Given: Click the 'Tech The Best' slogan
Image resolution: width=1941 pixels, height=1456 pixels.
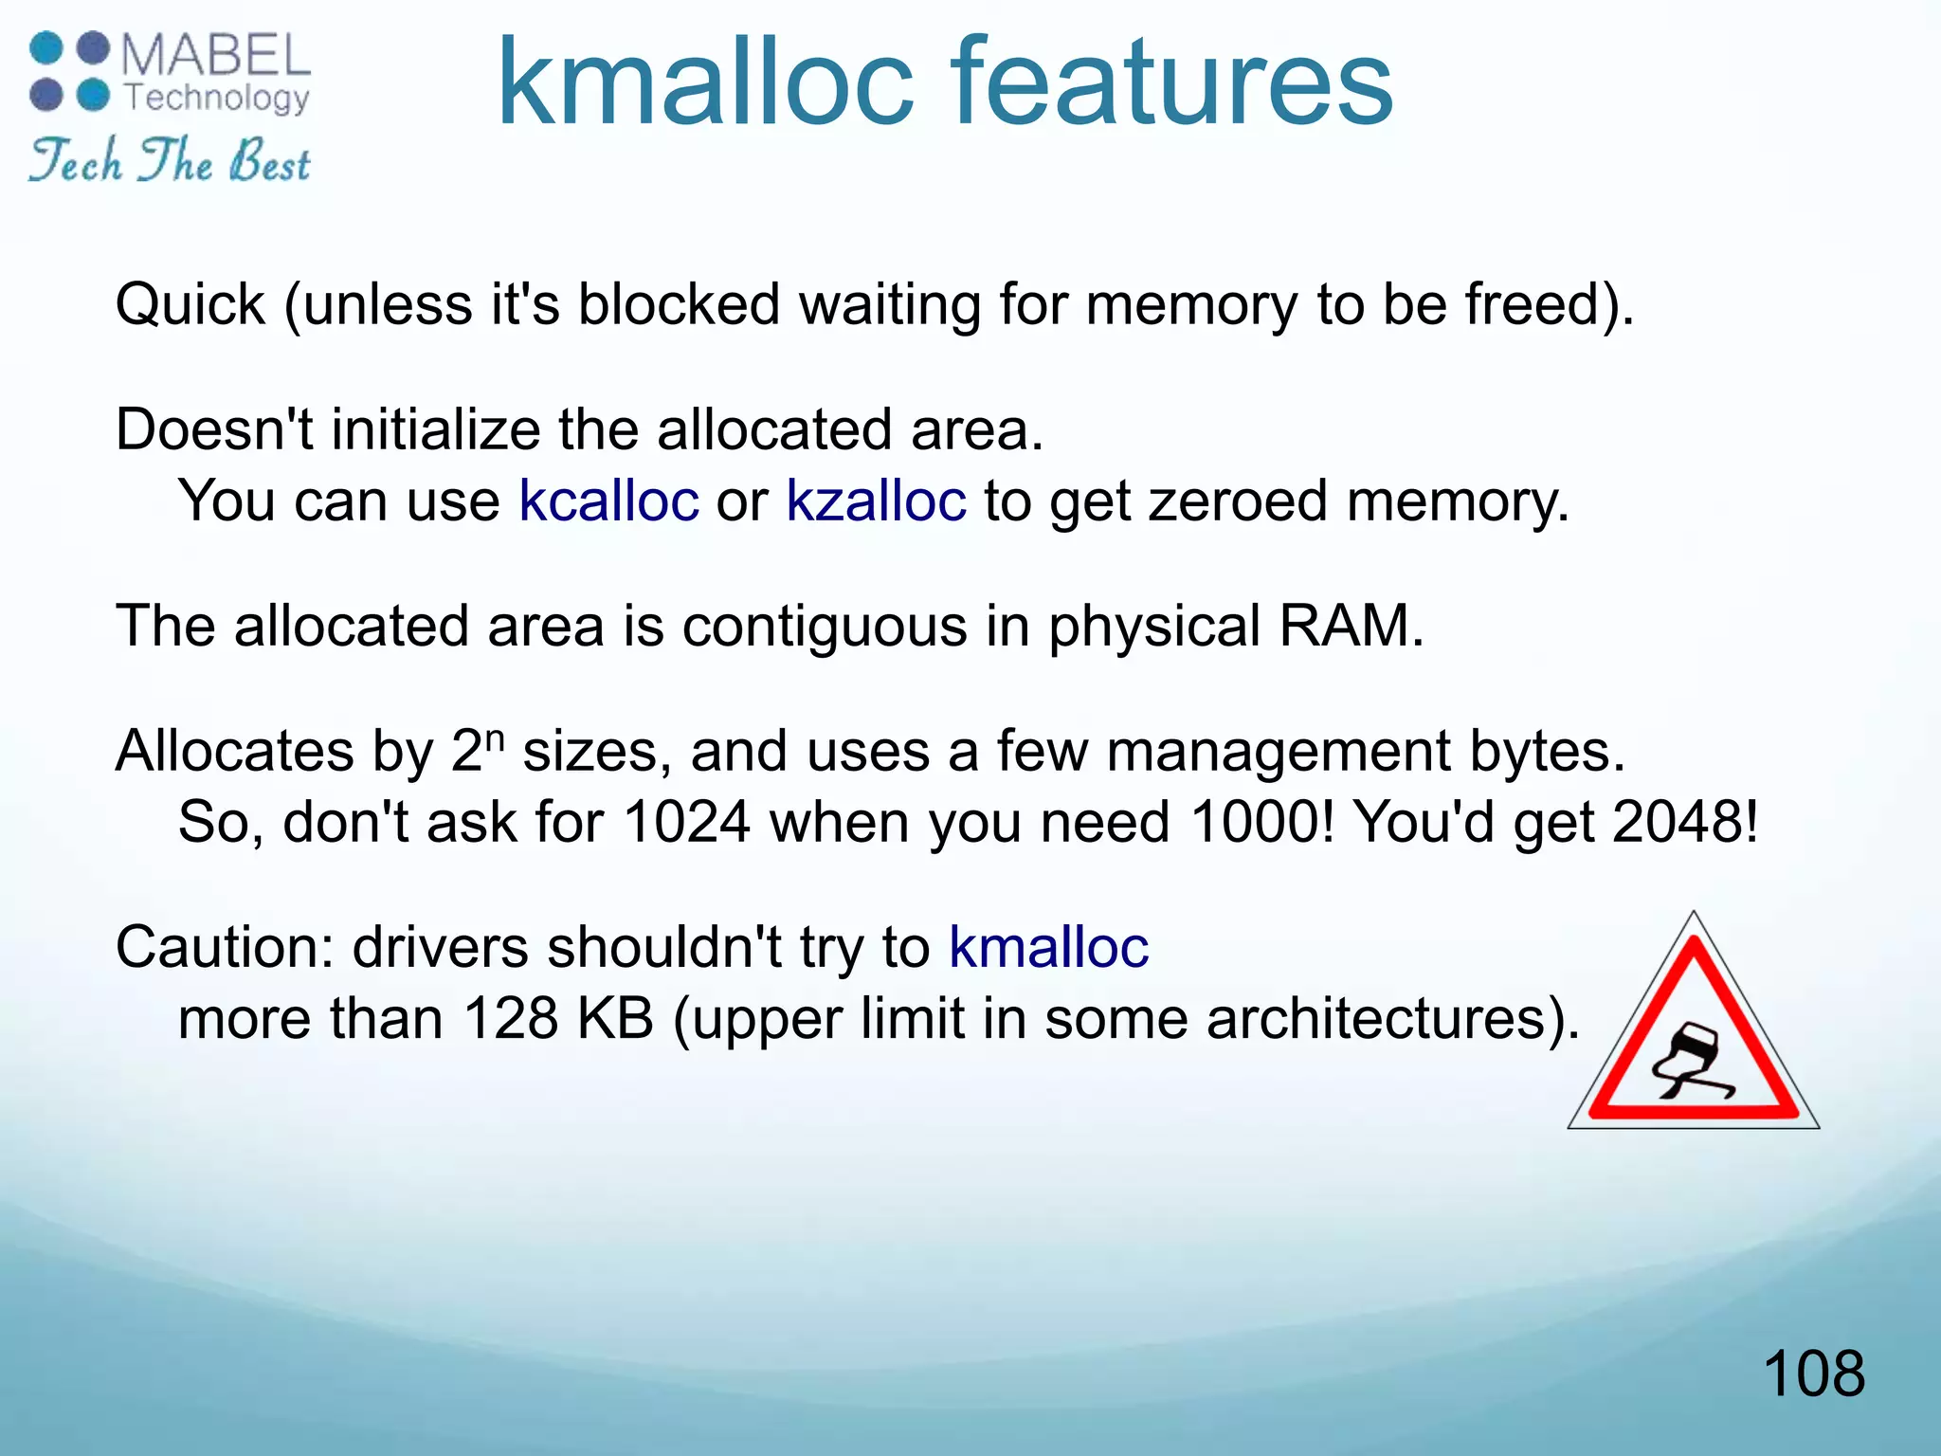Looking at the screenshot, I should click(169, 161).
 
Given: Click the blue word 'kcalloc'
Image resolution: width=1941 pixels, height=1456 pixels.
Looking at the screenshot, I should click(608, 500).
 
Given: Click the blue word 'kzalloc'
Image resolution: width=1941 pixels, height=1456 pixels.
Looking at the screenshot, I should click(876, 500).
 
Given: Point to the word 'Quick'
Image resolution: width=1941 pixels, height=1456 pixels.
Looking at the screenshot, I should click(190, 305).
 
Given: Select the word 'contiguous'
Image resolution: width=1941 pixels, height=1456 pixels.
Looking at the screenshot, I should click(824, 628).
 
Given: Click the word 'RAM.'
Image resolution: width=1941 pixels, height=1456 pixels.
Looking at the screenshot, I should click(1351, 626).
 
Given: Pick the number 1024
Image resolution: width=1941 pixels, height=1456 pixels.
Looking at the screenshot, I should click(687, 822).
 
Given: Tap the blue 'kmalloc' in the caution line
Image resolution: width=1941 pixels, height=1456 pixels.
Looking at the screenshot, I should click(1048, 947).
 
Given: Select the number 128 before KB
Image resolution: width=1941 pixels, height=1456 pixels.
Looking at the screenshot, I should click(511, 1019).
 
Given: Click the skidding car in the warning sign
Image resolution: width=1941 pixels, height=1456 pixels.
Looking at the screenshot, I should click(1692, 1062).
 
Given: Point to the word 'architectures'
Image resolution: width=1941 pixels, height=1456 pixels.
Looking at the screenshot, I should click(1373, 1019).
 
